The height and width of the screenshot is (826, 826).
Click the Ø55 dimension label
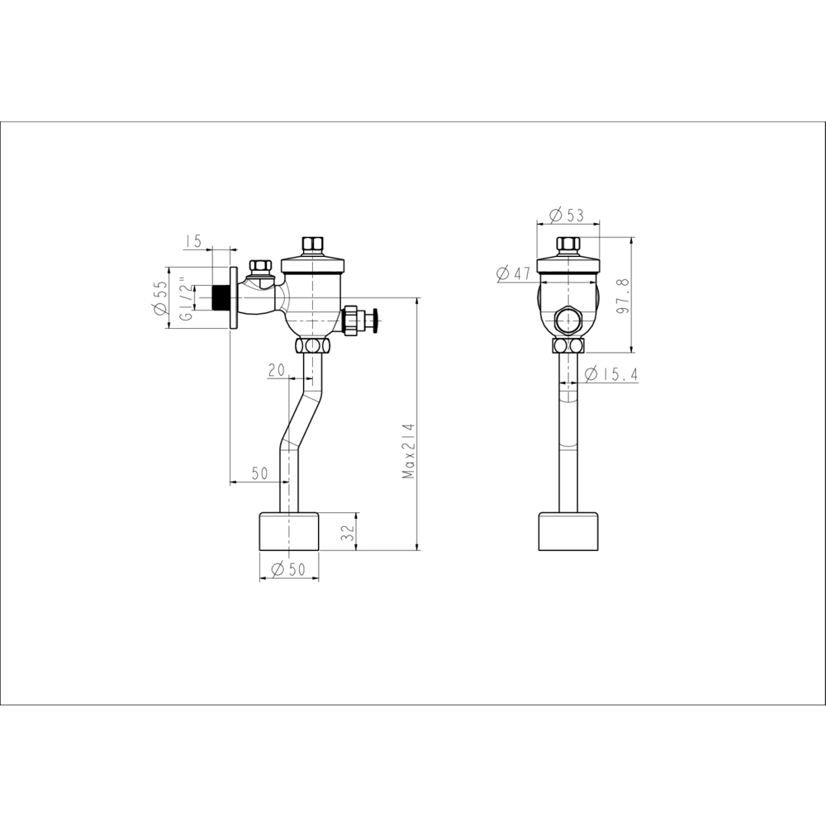[160, 298]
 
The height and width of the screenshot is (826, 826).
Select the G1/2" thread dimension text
[184, 299]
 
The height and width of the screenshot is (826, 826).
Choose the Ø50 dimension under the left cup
[288, 569]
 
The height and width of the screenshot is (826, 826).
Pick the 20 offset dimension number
[277, 371]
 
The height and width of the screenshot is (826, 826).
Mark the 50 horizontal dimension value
[259, 473]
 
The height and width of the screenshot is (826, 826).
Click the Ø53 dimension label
[567, 215]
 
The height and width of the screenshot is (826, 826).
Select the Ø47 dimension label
[514, 273]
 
